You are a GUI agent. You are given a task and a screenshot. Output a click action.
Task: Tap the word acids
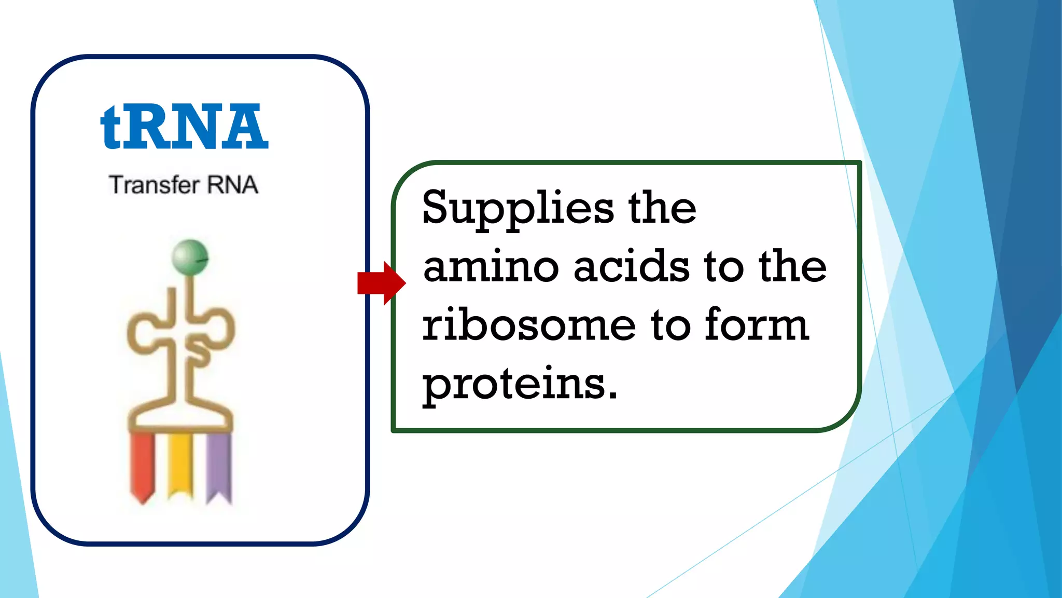[x=631, y=267]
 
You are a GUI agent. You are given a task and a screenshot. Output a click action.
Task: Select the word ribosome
[x=528, y=325]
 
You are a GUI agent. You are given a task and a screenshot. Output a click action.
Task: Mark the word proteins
[x=513, y=385]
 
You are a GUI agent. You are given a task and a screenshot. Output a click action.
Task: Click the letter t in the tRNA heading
[x=110, y=127]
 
